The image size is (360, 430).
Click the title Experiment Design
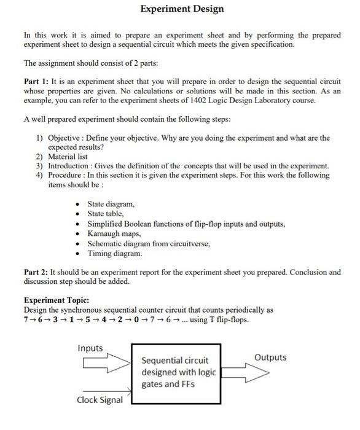[182, 9]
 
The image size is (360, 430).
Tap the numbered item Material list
[70, 157]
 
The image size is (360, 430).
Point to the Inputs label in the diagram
[90, 348]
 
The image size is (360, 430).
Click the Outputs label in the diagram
[270, 358]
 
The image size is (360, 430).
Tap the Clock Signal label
[99, 400]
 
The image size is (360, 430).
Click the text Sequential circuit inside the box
[175, 360]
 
